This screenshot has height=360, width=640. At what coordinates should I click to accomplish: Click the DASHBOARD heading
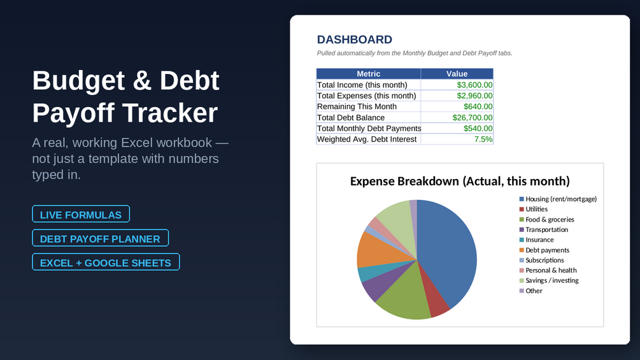tap(354, 40)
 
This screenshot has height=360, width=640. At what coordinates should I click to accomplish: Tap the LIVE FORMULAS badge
tap(81, 214)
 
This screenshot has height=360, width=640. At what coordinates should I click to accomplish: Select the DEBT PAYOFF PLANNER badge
tap(101, 238)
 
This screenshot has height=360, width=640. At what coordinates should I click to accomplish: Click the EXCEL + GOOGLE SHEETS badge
tap(106, 263)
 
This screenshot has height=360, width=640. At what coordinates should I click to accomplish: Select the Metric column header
tap(369, 74)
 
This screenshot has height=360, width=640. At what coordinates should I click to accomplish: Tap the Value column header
tap(457, 74)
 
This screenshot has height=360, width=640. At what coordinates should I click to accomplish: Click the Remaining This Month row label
tap(357, 106)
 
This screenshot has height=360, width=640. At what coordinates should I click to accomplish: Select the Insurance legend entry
tap(536, 240)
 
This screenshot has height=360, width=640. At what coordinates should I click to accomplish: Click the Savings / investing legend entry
tap(549, 280)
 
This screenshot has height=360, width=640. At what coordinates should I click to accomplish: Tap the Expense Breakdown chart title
tap(460, 181)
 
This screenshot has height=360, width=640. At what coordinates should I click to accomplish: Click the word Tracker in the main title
tap(170, 113)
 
